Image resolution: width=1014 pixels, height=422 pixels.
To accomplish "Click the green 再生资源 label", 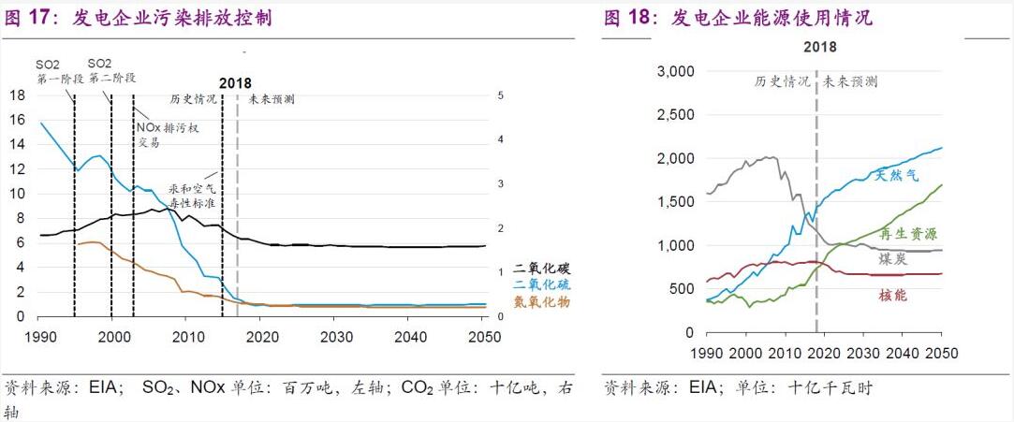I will pos(907,234).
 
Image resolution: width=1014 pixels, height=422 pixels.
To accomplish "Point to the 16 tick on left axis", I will pos(17,120).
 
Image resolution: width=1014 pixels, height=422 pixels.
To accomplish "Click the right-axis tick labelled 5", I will pos(502,95).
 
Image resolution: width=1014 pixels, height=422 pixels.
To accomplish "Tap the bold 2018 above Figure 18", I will pos(819,47).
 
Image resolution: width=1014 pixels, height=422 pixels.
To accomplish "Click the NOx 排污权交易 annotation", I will pos(168,134).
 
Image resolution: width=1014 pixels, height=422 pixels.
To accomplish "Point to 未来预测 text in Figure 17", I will pos(272,98).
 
